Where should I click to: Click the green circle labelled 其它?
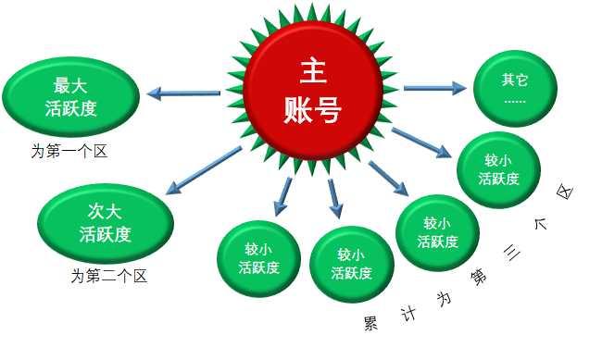515,88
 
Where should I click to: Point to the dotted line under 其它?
515,99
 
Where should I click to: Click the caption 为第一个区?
69,151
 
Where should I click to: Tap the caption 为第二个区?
108,276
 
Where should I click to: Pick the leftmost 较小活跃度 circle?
258,259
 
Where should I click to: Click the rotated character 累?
369,324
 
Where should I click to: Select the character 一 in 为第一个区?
71,151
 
